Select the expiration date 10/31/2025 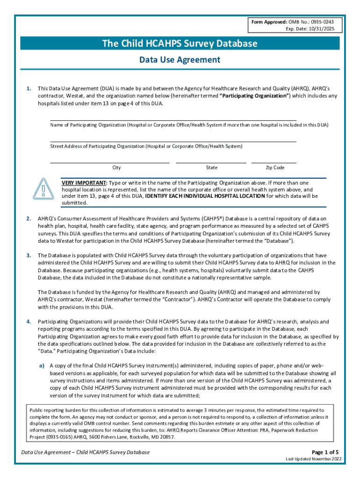(325, 29)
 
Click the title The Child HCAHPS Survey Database (180, 44)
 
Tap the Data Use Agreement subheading (180, 60)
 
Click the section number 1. (29, 88)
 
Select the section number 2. (29, 218)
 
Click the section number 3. (29, 255)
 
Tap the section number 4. (29, 322)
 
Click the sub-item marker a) (42, 366)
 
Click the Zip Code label (275, 168)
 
